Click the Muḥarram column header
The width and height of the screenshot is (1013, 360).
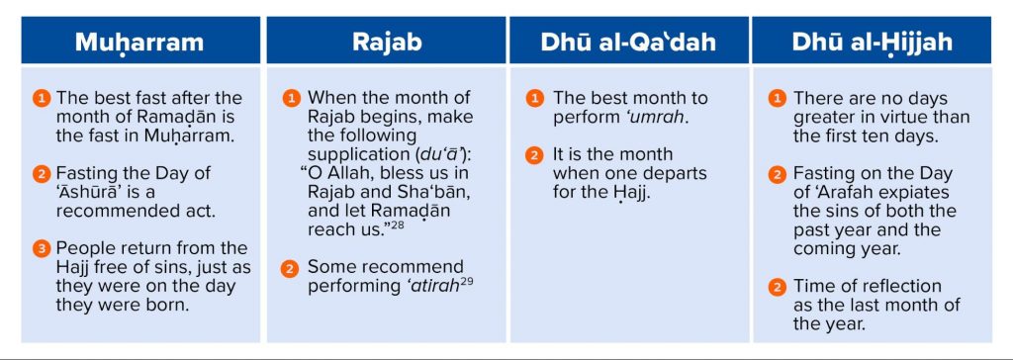click(139, 42)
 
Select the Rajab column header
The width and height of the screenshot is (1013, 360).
click(387, 42)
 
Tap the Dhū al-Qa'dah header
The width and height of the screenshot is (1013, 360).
click(628, 42)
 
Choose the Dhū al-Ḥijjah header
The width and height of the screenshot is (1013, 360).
click(873, 42)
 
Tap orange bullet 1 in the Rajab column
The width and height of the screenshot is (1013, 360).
click(292, 99)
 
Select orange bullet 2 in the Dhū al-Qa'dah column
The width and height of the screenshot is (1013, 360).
click(534, 155)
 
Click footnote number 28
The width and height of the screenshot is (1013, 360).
click(398, 225)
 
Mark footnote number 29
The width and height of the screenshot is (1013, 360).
click(467, 282)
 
